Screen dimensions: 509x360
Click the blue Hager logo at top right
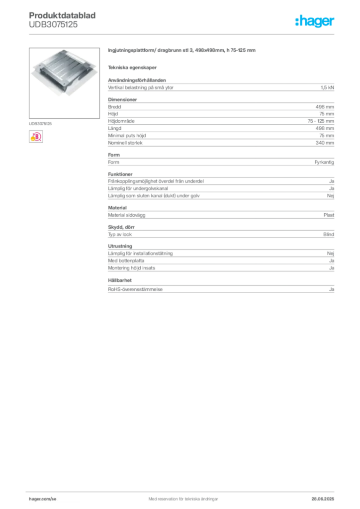[x=316, y=21]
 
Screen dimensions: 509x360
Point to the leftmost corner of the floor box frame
[x=31, y=73]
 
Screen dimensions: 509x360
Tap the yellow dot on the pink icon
[x=32, y=140]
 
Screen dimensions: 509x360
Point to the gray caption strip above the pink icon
[x=41, y=123]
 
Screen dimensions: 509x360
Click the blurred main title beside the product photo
[x=182, y=51]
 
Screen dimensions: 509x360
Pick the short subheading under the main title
[x=133, y=67]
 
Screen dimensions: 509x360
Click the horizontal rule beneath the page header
[x=183, y=33]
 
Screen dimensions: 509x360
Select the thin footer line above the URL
[x=183, y=491]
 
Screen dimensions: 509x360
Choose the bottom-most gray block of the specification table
[x=221, y=288]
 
